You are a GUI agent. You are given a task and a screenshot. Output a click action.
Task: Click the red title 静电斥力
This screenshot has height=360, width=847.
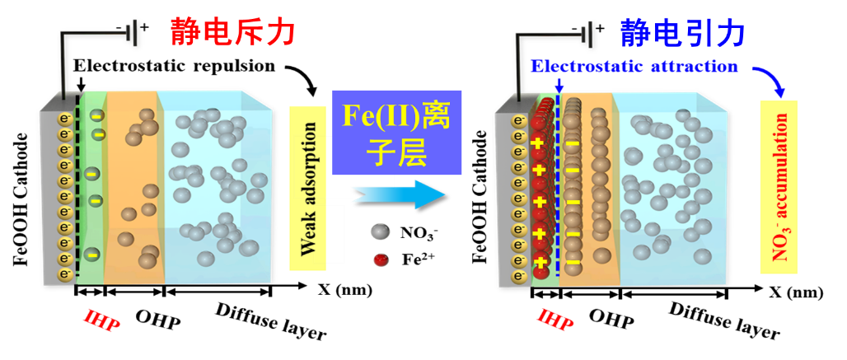(232, 32)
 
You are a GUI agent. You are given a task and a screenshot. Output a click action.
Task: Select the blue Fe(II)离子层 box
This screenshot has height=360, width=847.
(397, 132)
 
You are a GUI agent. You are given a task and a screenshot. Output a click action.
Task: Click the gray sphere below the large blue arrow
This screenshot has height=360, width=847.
(380, 231)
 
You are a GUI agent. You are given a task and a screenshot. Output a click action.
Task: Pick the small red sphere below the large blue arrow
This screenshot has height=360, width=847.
(381, 259)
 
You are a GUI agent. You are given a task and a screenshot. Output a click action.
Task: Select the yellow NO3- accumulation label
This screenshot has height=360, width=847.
(778, 187)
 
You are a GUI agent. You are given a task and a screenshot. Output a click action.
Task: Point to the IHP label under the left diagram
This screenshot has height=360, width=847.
(102, 318)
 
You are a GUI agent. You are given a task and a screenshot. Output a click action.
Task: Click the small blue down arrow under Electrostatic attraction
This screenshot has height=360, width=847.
(559, 83)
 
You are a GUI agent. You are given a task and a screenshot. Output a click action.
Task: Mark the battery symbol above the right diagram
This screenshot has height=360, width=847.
(586, 34)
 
